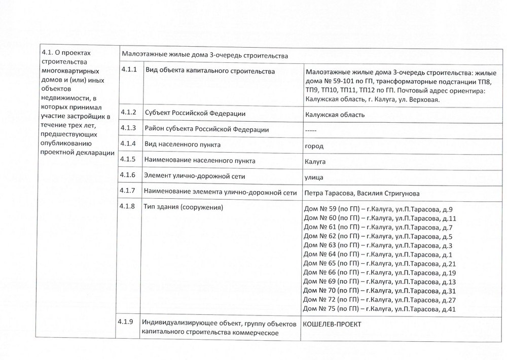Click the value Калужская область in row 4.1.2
(x=335, y=114)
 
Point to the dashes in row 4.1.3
(x=310, y=130)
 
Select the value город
(x=313, y=146)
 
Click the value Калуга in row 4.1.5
(x=315, y=162)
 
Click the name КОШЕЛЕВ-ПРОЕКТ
(x=332, y=325)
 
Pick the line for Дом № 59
(x=378, y=209)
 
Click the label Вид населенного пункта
(x=183, y=145)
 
